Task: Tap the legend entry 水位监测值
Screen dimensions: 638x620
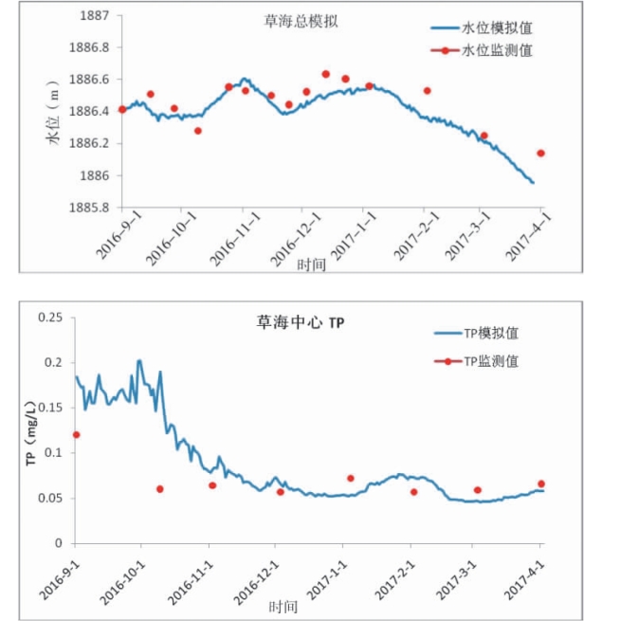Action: pos(497,50)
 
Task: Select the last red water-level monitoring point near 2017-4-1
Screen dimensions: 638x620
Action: pos(540,153)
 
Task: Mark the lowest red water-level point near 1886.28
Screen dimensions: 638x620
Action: pos(197,130)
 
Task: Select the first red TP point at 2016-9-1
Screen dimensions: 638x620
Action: pos(76,435)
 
